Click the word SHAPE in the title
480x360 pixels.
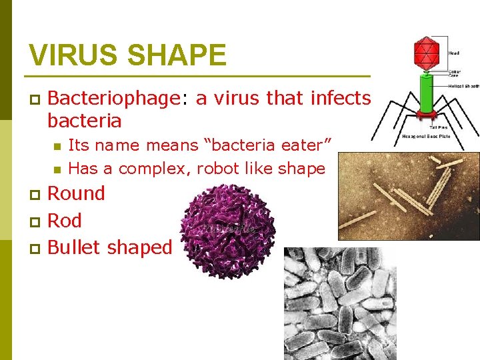[x=180, y=55]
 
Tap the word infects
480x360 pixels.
[x=340, y=99]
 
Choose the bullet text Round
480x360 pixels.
[x=77, y=193]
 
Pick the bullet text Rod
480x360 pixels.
[x=65, y=221]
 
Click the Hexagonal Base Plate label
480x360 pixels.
[x=426, y=136]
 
